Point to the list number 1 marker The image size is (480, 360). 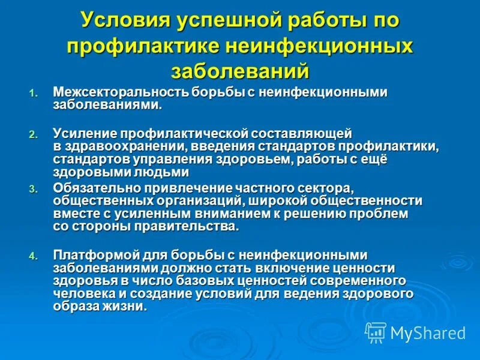(33, 94)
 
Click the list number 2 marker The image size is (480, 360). (33, 134)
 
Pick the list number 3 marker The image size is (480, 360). (33, 189)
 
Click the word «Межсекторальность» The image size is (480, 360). (121, 92)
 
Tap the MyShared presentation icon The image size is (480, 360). (376, 332)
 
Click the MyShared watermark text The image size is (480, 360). (428, 332)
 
